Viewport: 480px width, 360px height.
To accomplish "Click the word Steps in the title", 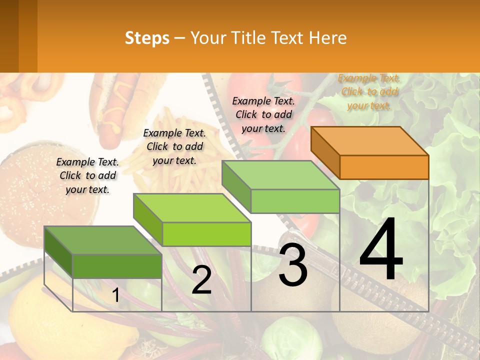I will click(x=147, y=38).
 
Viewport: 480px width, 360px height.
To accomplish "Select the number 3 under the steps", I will click(x=293, y=265).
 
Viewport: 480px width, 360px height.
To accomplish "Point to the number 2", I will click(x=201, y=280).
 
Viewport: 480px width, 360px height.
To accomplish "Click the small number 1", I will click(x=115, y=295).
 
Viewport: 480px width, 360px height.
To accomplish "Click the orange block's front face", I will click(x=384, y=167).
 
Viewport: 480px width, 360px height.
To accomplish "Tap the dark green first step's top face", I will click(x=102, y=240).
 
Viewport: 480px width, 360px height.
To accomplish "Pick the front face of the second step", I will click(x=206, y=234).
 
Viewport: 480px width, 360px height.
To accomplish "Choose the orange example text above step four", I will click(x=369, y=91).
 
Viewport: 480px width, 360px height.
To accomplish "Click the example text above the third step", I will click(x=263, y=114).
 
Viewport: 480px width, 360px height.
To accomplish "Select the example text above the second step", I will click(x=174, y=146).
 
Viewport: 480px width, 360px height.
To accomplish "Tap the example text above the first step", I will click(x=87, y=175).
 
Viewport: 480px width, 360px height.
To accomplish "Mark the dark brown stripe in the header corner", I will click(x=9, y=36).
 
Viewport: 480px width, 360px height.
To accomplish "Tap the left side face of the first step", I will click(x=58, y=252).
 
